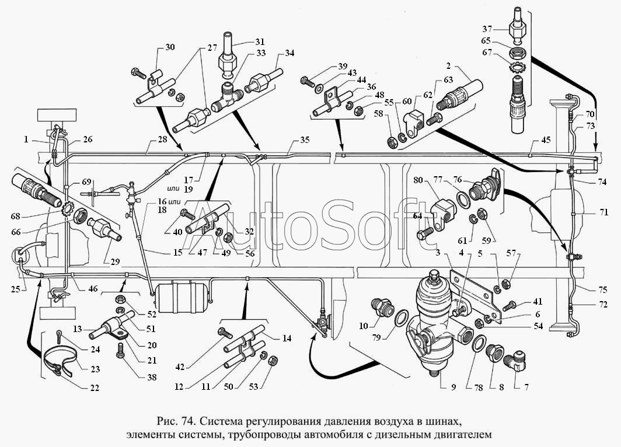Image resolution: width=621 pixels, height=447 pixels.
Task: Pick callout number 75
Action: pyautogui.click(x=603, y=290)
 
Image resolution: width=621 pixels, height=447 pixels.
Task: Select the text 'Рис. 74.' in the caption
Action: pyautogui.click(x=175, y=421)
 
